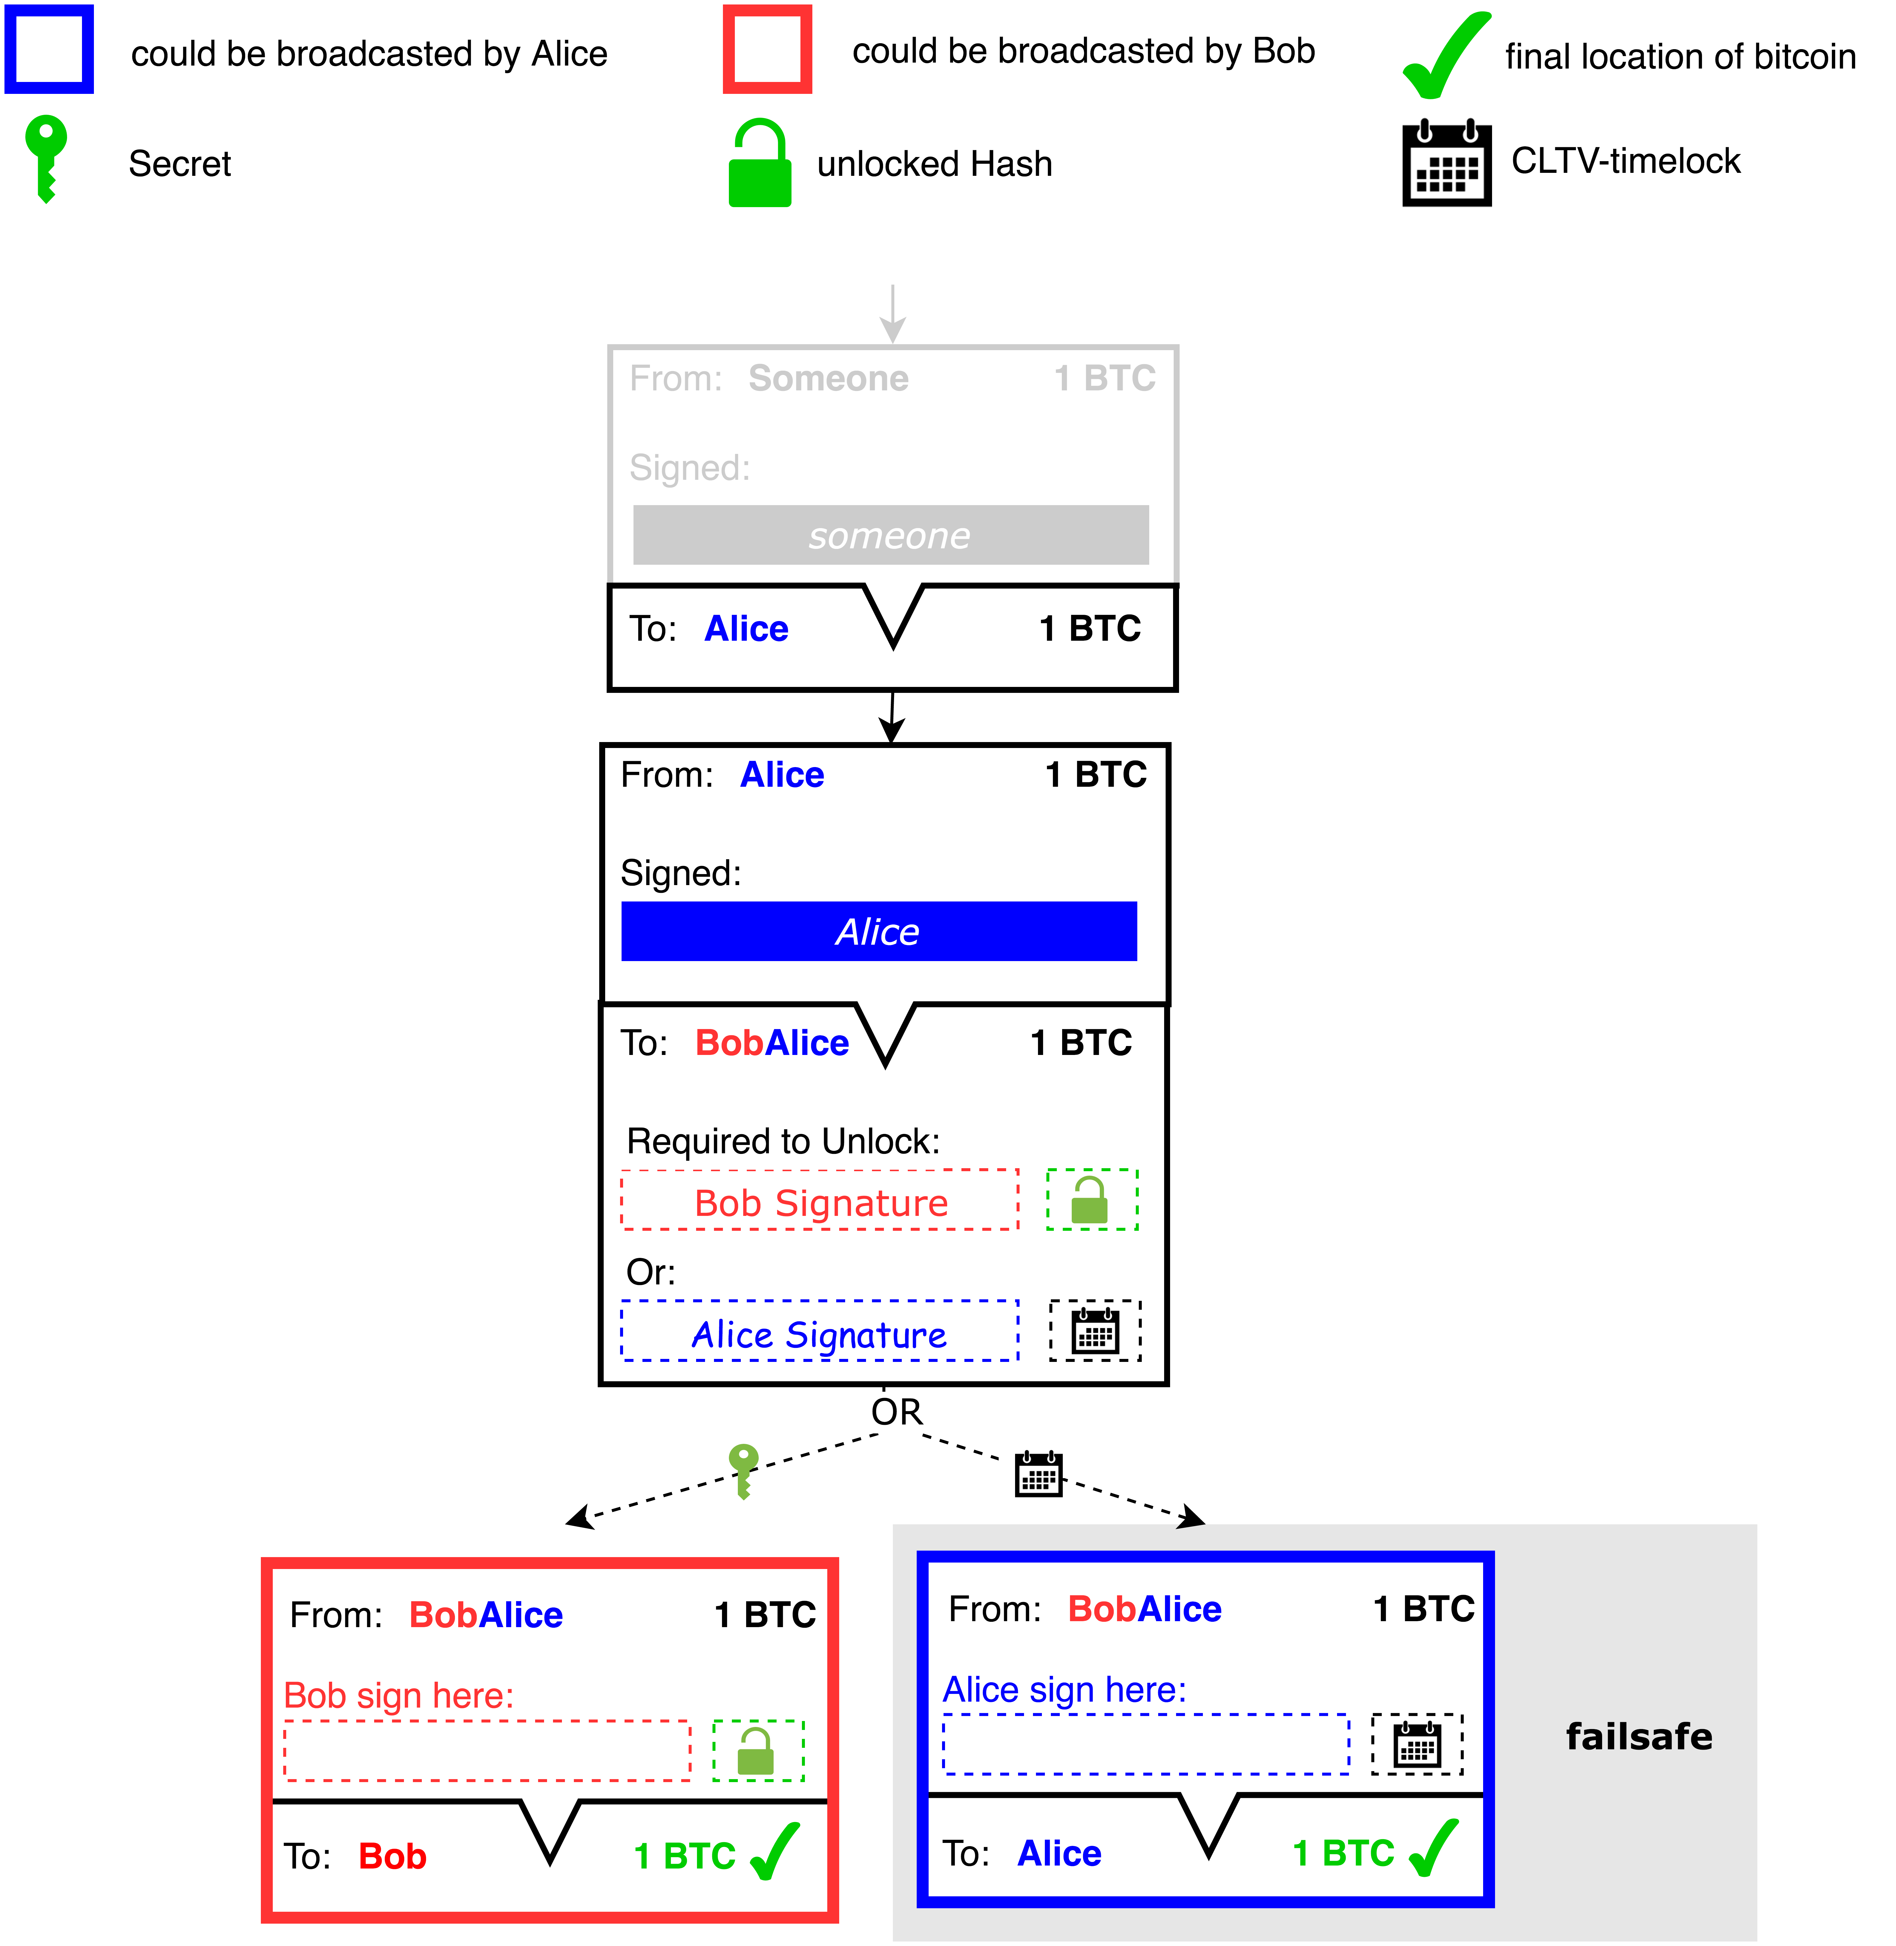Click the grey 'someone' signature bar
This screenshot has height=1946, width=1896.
click(x=890, y=536)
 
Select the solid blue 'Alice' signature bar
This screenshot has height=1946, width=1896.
click(x=878, y=932)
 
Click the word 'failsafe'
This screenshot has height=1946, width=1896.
click(x=1638, y=1736)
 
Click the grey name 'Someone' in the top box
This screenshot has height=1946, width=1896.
click(x=828, y=378)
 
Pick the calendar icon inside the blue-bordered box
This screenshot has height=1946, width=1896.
click(x=1417, y=1744)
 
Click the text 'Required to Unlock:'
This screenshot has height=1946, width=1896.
click(x=783, y=1141)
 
